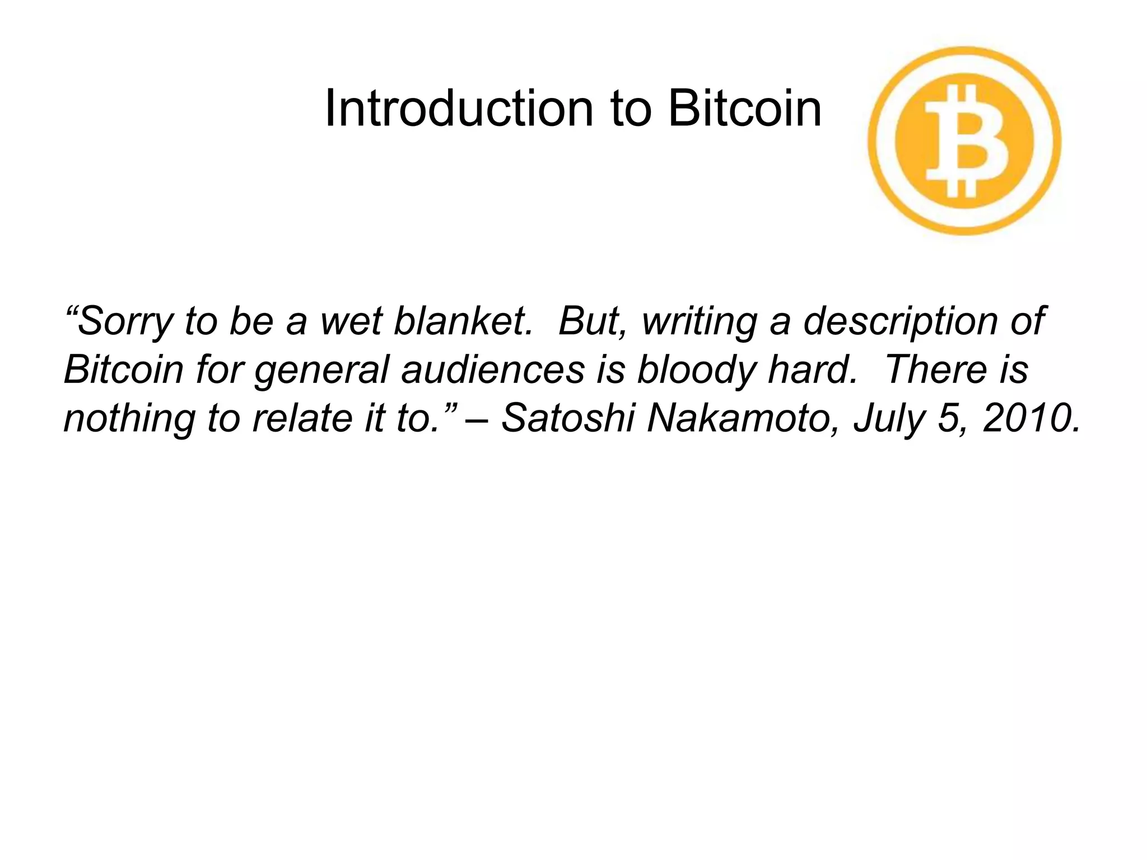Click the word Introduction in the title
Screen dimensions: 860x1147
pyautogui.click(x=458, y=109)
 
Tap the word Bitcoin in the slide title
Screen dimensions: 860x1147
pyautogui.click(x=744, y=109)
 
